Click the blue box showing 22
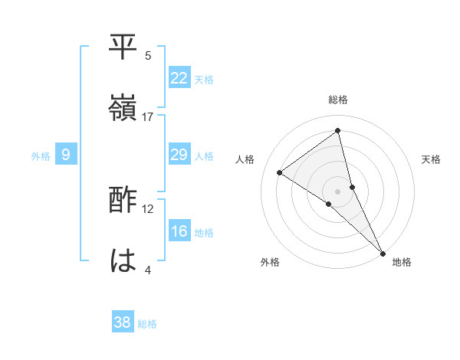179,78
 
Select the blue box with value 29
179,155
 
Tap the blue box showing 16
179,231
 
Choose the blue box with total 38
123,322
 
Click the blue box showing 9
66,155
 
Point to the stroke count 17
148,116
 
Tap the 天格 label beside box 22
204,80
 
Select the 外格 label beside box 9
41,156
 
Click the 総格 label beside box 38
147,324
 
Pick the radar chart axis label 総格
338,100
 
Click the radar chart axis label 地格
402,262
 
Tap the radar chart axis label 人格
245,159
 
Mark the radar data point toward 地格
383,253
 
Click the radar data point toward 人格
279,172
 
